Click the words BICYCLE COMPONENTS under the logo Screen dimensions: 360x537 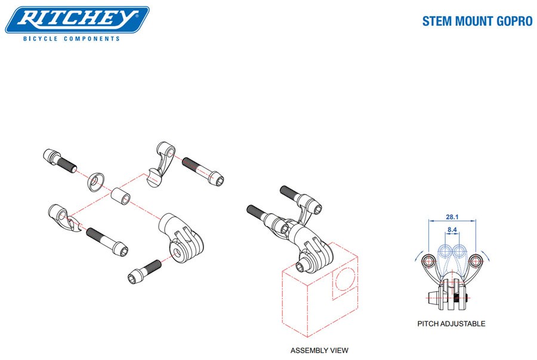[71, 39]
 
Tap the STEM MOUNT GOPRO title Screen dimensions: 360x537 [477, 21]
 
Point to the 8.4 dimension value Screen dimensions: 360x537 [452, 229]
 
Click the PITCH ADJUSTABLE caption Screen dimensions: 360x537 [451, 324]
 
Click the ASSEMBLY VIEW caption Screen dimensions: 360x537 [319, 350]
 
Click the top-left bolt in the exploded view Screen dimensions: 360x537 [57, 160]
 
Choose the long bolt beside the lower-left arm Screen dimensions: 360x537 [107, 239]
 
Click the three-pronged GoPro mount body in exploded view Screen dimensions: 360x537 [181, 238]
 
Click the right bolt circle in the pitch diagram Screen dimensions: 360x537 [476, 261]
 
